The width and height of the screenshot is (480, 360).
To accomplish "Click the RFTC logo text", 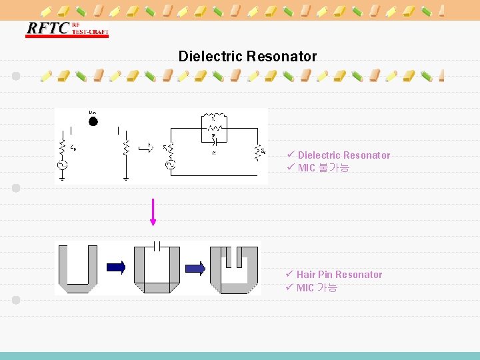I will [x=47, y=29].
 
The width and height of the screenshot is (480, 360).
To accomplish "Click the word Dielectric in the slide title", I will [x=210, y=57].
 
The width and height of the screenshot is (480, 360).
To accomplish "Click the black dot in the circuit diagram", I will [x=93, y=121].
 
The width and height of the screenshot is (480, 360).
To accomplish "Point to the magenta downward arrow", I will [x=153, y=212].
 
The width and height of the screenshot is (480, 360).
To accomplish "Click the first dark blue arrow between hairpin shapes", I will [x=115, y=267].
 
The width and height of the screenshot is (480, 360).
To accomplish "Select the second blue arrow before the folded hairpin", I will [x=195, y=268].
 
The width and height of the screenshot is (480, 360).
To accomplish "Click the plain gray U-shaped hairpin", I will [x=77, y=269].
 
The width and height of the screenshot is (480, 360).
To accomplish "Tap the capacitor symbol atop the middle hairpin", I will [x=155, y=246].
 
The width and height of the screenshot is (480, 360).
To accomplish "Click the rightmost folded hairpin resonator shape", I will [x=234, y=269].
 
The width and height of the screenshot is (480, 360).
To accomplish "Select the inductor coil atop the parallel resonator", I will [x=214, y=117].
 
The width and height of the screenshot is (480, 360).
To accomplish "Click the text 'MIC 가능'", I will [x=317, y=288].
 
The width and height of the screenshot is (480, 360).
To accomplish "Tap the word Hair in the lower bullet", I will [x=306, y=275].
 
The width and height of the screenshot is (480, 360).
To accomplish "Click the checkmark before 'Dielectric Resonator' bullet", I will [x=290, y=155].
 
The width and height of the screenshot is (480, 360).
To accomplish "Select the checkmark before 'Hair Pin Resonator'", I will [x=289, y=274].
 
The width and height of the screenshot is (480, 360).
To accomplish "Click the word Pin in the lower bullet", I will [x=325, y=275].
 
